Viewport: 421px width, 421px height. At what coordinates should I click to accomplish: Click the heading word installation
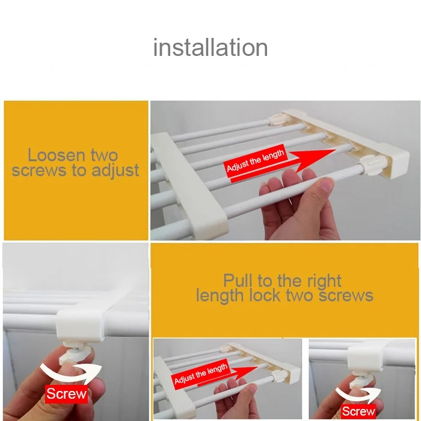pyautogui.click(x=210, y=48)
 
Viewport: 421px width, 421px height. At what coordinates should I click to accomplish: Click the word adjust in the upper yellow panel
pyautogui.click(x=115, y=171)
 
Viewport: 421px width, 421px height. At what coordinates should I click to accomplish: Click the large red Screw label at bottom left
pyautogui.click(x=66, y=394)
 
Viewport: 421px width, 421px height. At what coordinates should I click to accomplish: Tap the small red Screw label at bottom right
pyautogui.click(x=358, y=411)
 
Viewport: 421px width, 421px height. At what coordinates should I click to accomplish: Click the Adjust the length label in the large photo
pyautogui.click(x=256, y=161)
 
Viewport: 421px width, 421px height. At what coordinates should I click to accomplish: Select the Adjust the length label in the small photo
pyautogui.click(x=201, y=373)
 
